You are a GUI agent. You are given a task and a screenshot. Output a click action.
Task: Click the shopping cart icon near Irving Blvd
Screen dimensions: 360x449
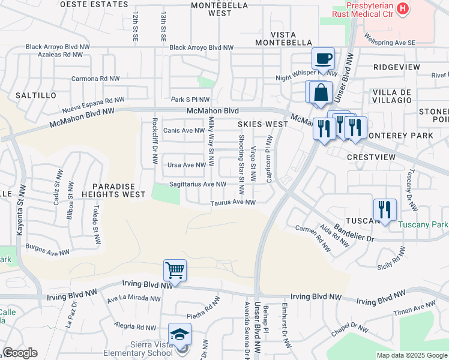click(175, 270)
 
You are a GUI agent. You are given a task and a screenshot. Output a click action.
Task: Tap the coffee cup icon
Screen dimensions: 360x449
click(323, 59)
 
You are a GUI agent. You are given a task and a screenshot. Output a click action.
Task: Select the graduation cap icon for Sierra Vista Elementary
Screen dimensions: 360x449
click(180, 334)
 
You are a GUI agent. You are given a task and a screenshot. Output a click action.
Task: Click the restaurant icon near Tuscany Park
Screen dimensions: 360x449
click(384, 209)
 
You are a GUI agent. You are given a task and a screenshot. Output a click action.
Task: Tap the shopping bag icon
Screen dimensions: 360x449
click(321, 92)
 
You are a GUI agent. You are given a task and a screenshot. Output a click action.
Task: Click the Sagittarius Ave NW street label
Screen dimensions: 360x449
click(197, 184)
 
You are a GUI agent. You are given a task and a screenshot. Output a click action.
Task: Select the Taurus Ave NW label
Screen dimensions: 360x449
click(233, 203)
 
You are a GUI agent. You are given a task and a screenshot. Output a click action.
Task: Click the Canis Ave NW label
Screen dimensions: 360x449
click(184, 130)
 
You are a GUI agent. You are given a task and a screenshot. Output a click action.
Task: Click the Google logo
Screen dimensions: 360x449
click(20, 353)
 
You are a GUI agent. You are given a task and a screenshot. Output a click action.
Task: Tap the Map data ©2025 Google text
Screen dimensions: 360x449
click(411, 355)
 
